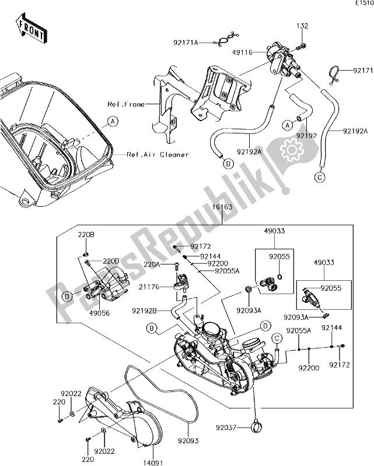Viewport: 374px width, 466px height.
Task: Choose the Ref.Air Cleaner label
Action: pos(158,154)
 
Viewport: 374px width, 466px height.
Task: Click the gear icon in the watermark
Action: pos(291,150)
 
